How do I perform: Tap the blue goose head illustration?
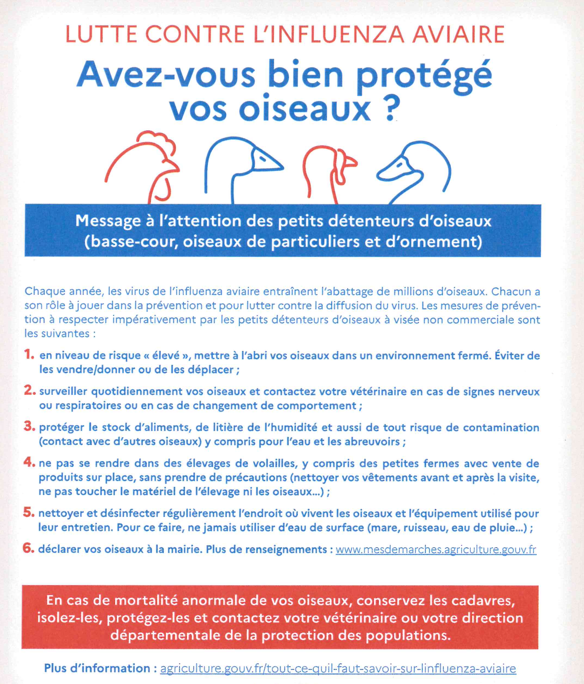point(241,166)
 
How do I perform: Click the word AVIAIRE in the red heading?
point(458,34)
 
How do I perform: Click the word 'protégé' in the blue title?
point(424,75)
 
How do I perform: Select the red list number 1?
point(29,354)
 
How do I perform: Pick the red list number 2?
point(29,391)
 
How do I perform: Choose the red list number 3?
point(29,426)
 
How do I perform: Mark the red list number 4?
point(29,462)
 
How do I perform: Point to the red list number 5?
point(29,512)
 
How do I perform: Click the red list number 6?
point(28,548)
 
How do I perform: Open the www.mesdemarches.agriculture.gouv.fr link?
point(436,550)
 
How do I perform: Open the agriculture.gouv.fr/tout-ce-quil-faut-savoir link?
point(338,669)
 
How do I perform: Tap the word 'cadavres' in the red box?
point(483,601)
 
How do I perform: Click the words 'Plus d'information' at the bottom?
point(97,668)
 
